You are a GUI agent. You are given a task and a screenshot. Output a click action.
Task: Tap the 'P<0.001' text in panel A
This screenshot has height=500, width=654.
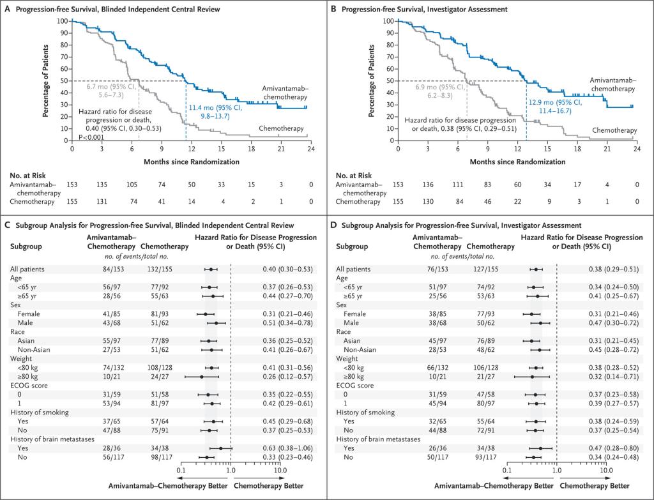pos(92,137)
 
